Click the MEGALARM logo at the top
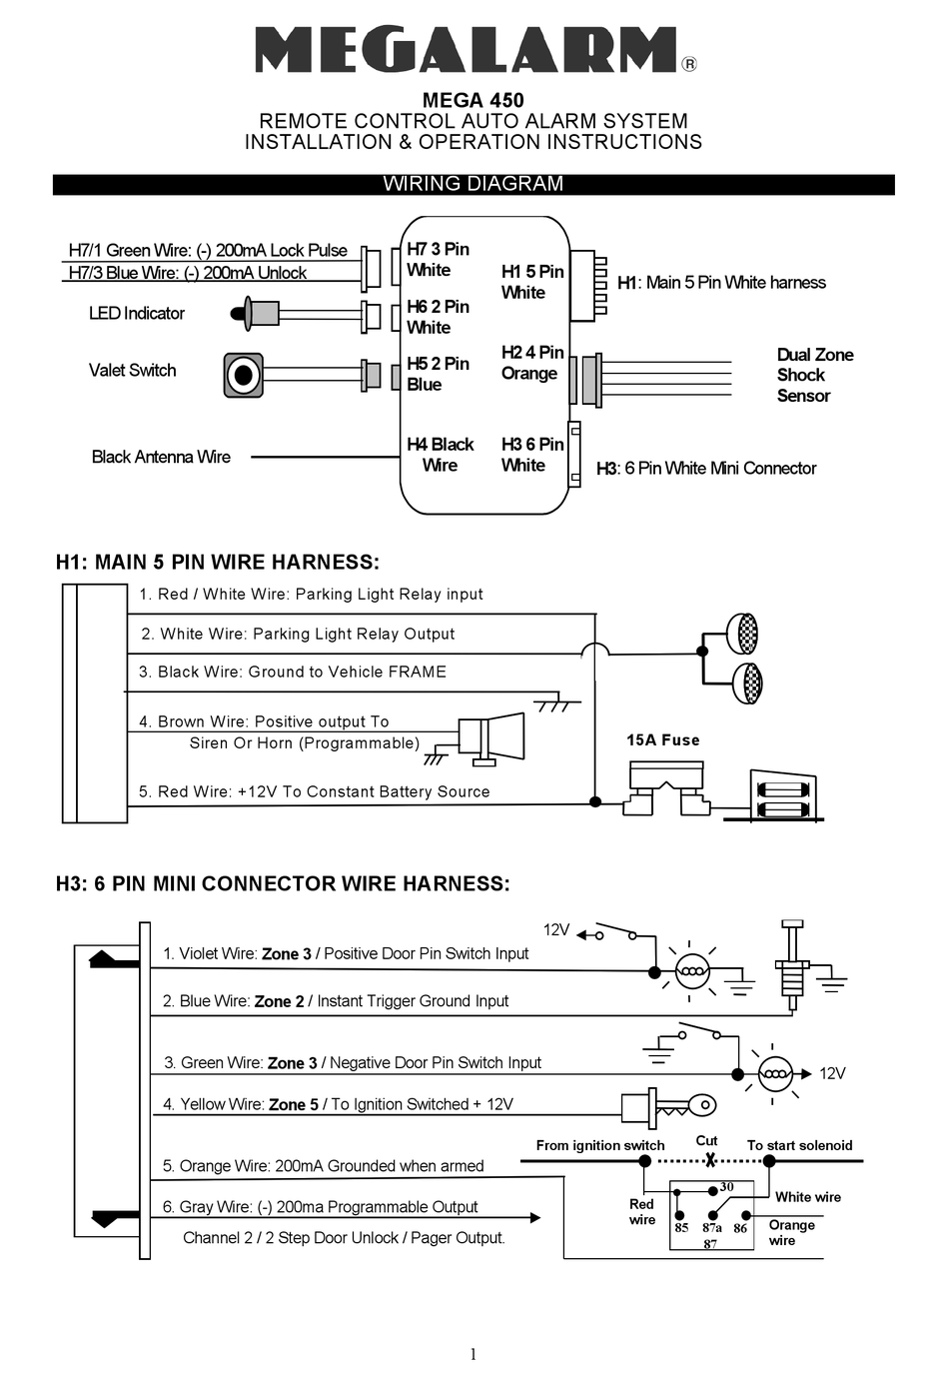(468, 50)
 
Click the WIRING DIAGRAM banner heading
(474, 184)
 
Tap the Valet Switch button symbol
(243, 376)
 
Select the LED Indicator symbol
(256, 314)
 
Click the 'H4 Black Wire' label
(440, 455)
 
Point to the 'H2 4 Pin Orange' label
(531, 363)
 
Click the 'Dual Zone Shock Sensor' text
(814, 375)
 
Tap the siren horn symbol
(491, 740)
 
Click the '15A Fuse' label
(662, 740)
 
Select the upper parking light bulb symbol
(743, 634)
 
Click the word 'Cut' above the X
(706, 1140)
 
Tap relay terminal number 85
(681, 1228)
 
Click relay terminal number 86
(740, 1228)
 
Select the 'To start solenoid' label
(799, 1145)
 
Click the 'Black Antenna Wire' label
(161, 457)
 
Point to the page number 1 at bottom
(474, 1354)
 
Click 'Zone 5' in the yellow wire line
(293, 1104)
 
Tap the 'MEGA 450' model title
(474, 100)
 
